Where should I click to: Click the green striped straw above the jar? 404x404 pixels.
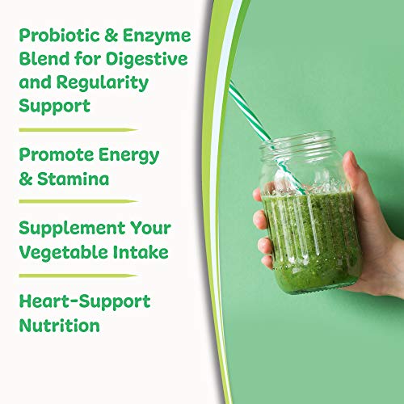point(250,113)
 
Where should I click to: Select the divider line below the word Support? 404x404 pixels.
point(77,128)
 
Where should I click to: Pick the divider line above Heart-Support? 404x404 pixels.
point(77,276)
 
